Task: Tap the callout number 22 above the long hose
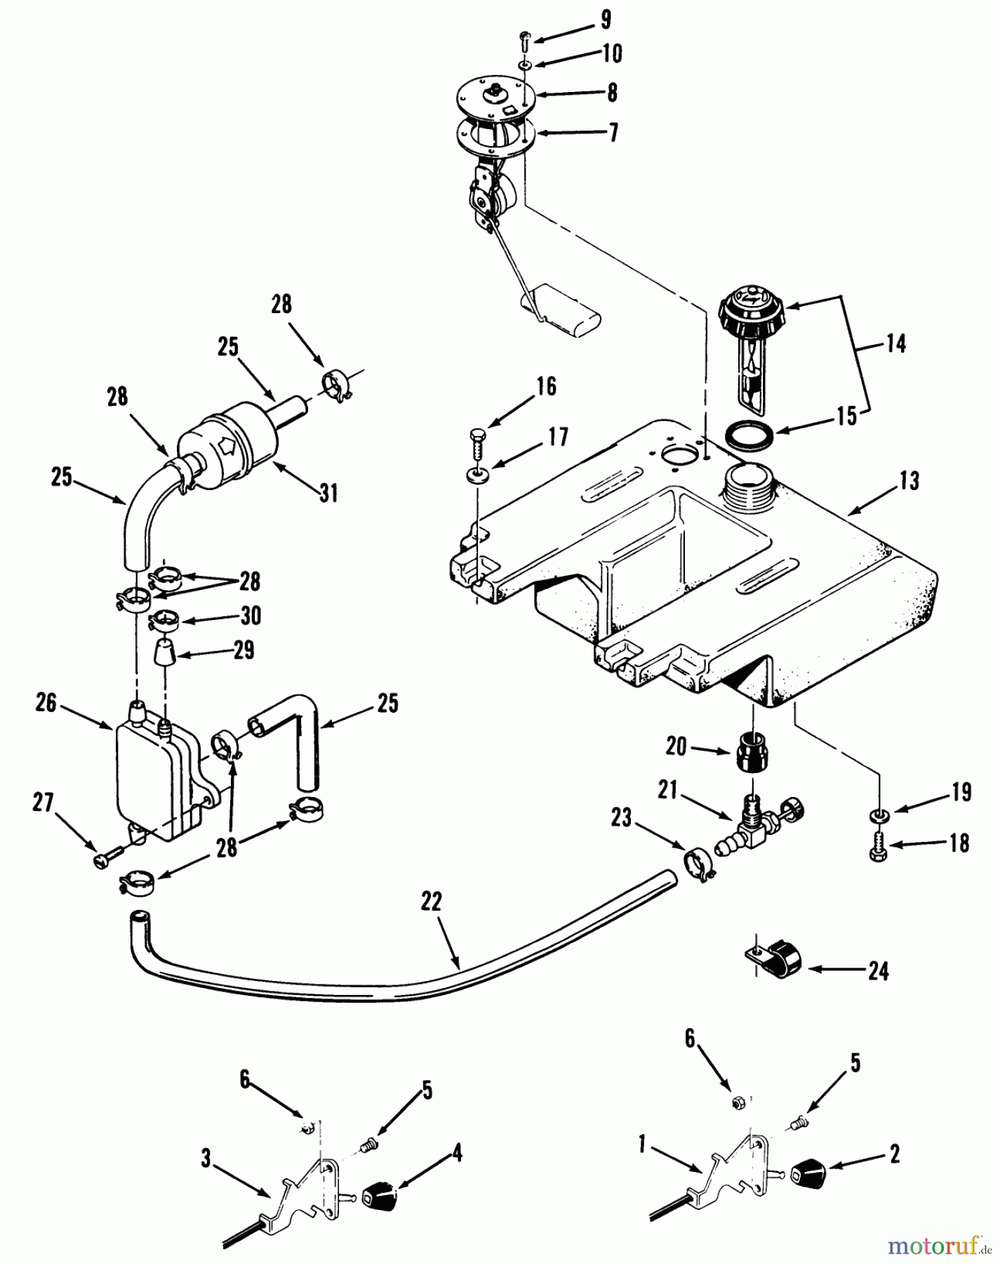(432, 902)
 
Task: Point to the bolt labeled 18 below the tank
(876, 847)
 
